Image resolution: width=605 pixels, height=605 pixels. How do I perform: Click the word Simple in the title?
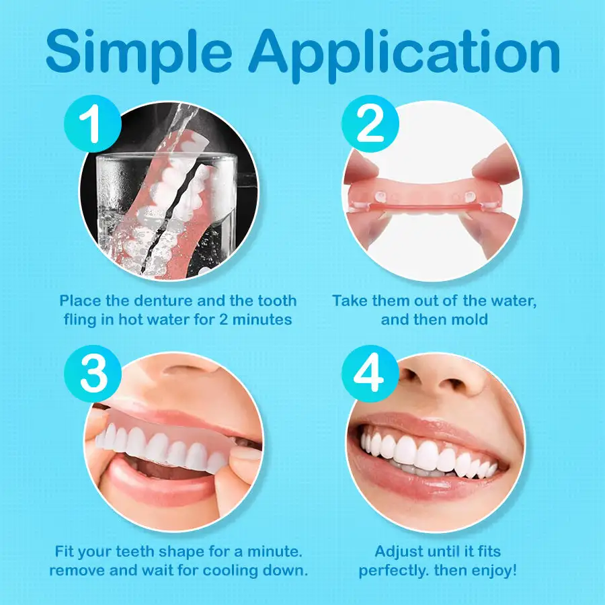click(x=139, y=53)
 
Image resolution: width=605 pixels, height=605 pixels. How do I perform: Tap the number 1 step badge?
click(x=93, y=124)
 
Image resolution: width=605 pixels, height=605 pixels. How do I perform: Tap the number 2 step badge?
click(x=370, y=124)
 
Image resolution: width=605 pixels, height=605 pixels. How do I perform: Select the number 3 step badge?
click(x=93, y=374)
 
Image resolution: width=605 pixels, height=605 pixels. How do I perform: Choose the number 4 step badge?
click(x=370, y=374)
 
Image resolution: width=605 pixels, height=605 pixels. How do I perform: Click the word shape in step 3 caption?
click(x=182, y=552)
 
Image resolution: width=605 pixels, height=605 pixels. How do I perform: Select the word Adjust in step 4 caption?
click(x=399, y=552)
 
